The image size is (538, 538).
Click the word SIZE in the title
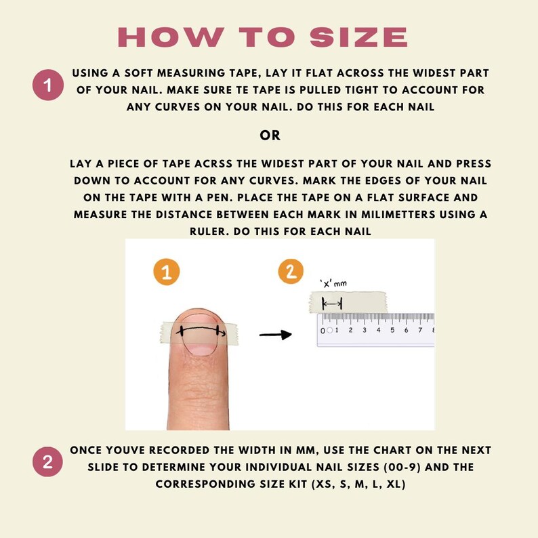tap(359, 37)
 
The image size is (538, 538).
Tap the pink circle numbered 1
tap(48, 85)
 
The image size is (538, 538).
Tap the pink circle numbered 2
tap(47, 462)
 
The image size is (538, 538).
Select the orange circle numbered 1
tap(167, 272)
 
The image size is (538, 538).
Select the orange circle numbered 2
tap(291, 272)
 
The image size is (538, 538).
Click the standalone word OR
tap(270, 136)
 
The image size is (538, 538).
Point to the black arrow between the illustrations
tap(276, 335)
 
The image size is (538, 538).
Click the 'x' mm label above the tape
tap(333, 283)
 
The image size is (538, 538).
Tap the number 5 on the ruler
tap(392, 330)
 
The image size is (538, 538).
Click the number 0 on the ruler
tap(323, 331)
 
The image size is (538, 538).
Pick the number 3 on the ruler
tap(365, 330)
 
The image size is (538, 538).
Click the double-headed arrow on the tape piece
tap(332, 304)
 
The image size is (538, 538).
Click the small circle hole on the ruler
tap(330, 331)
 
